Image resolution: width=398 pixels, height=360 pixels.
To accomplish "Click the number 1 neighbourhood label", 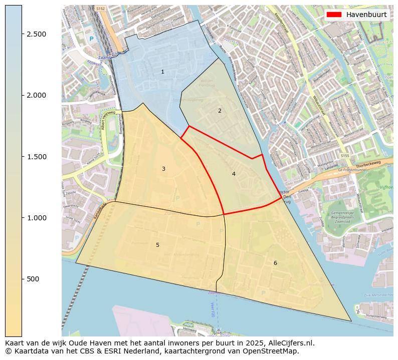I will (162, 72).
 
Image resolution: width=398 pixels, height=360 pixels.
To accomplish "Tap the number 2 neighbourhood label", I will (220, 111).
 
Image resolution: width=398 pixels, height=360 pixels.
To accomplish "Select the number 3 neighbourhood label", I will (163, 169).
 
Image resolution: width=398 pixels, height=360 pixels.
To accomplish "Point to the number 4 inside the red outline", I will (234, 174).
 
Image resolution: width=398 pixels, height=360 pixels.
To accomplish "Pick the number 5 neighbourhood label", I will (157, 245).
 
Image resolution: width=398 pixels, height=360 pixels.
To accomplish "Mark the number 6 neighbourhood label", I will (275, 263).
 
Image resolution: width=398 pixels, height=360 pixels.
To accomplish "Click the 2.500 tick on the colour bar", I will (37, 34).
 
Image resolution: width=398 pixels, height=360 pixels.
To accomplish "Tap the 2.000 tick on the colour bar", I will (37, 95).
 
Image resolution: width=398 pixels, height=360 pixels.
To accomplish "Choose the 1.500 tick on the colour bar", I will (37, 157).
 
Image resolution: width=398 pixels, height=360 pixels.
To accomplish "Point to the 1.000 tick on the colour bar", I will (37, 218).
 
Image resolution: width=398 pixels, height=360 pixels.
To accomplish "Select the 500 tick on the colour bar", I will (33, 279).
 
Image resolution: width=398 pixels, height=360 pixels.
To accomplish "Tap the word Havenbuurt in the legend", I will (366, 15).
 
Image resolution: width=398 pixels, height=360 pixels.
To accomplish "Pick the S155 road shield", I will (345, 156).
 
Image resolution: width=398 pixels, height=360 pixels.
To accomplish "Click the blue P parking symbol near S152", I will (91, 39).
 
